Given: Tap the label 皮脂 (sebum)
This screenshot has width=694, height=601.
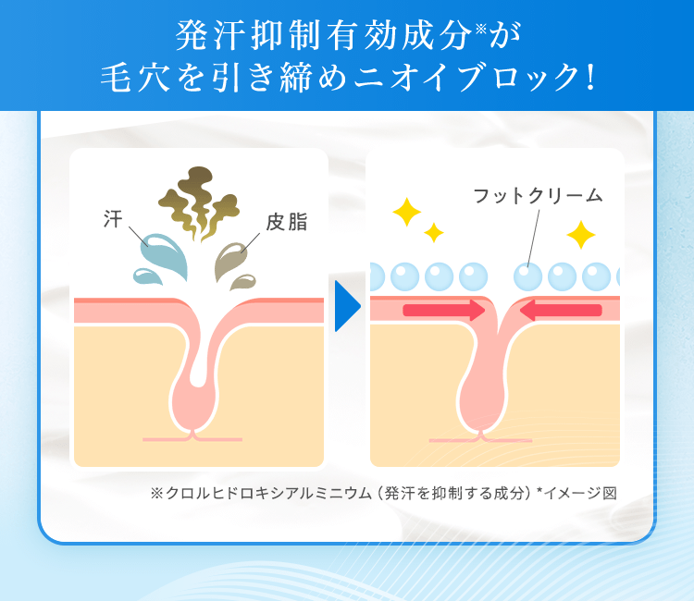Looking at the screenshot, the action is click(x=286, y=222).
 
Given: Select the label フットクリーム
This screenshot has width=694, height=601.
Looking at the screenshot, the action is click(x=537, y=195).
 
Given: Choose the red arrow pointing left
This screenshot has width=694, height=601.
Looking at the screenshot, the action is click(x=560, y=311).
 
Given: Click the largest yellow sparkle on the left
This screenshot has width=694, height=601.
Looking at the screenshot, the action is click(x=406, y=213).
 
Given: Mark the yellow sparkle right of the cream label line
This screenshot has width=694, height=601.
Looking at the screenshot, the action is click(x=580, y=235).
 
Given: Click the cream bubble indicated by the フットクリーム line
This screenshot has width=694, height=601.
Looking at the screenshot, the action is click(x=527, y=276).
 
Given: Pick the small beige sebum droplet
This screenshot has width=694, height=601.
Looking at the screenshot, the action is click(x=242, y=280).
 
